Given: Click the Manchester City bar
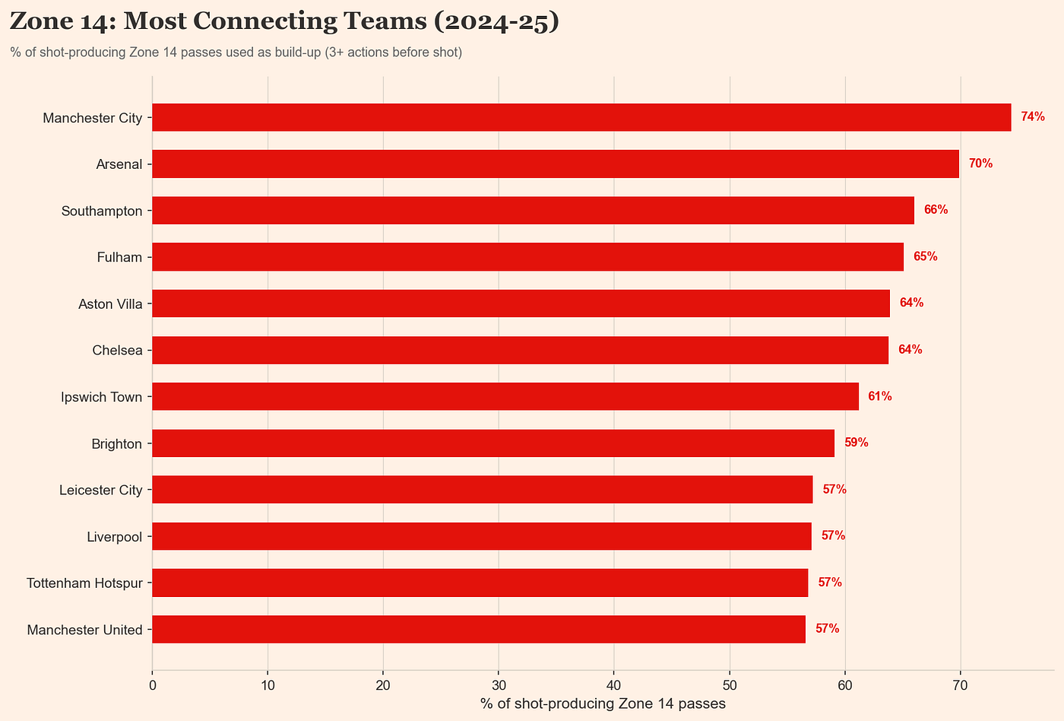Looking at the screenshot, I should (581, 117).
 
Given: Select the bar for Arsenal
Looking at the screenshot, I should (556, 164).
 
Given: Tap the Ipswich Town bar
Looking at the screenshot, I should (505, 396).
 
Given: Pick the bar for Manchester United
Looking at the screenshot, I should (479, 629).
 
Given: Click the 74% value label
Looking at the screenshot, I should (1033, 117).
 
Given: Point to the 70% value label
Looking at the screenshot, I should (980, 164).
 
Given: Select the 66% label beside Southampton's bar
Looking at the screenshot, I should (936, 210).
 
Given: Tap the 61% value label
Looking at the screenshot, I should (879, 396).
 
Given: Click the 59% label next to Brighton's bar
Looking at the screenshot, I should (856, 443).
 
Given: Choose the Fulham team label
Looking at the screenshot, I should (119, 257).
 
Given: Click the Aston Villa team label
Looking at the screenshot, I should (110, 303).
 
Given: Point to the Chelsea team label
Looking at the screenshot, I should (117, 351).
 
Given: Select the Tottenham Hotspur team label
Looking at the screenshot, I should (84, 583).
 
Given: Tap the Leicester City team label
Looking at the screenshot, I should (101, 490).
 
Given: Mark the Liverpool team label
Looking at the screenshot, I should (115, 537).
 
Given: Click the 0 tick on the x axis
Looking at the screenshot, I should (153, 685).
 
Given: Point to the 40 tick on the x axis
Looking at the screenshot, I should (614, 685).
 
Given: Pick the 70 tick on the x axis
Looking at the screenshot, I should (960, 685).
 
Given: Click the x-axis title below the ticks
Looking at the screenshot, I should (603, 704).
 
